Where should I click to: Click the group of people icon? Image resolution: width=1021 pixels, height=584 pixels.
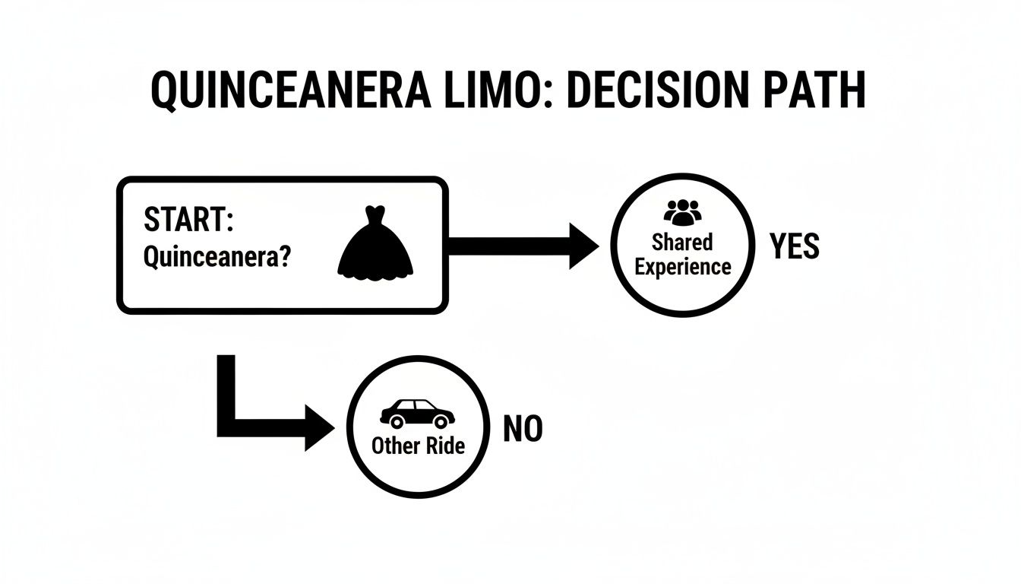(x=683, y=212)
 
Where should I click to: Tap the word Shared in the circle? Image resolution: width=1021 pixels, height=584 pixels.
(x=682, y=242)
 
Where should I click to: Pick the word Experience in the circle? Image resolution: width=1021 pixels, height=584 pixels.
(x=683, y=267)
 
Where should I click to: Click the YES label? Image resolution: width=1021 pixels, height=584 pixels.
(x=795, y=246)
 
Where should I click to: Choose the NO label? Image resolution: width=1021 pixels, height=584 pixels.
(x=523, y=430)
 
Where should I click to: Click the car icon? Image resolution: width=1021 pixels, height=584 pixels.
(x=417, y=414)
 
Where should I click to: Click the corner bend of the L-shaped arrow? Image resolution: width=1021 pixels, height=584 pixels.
(x=226, y=427)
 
